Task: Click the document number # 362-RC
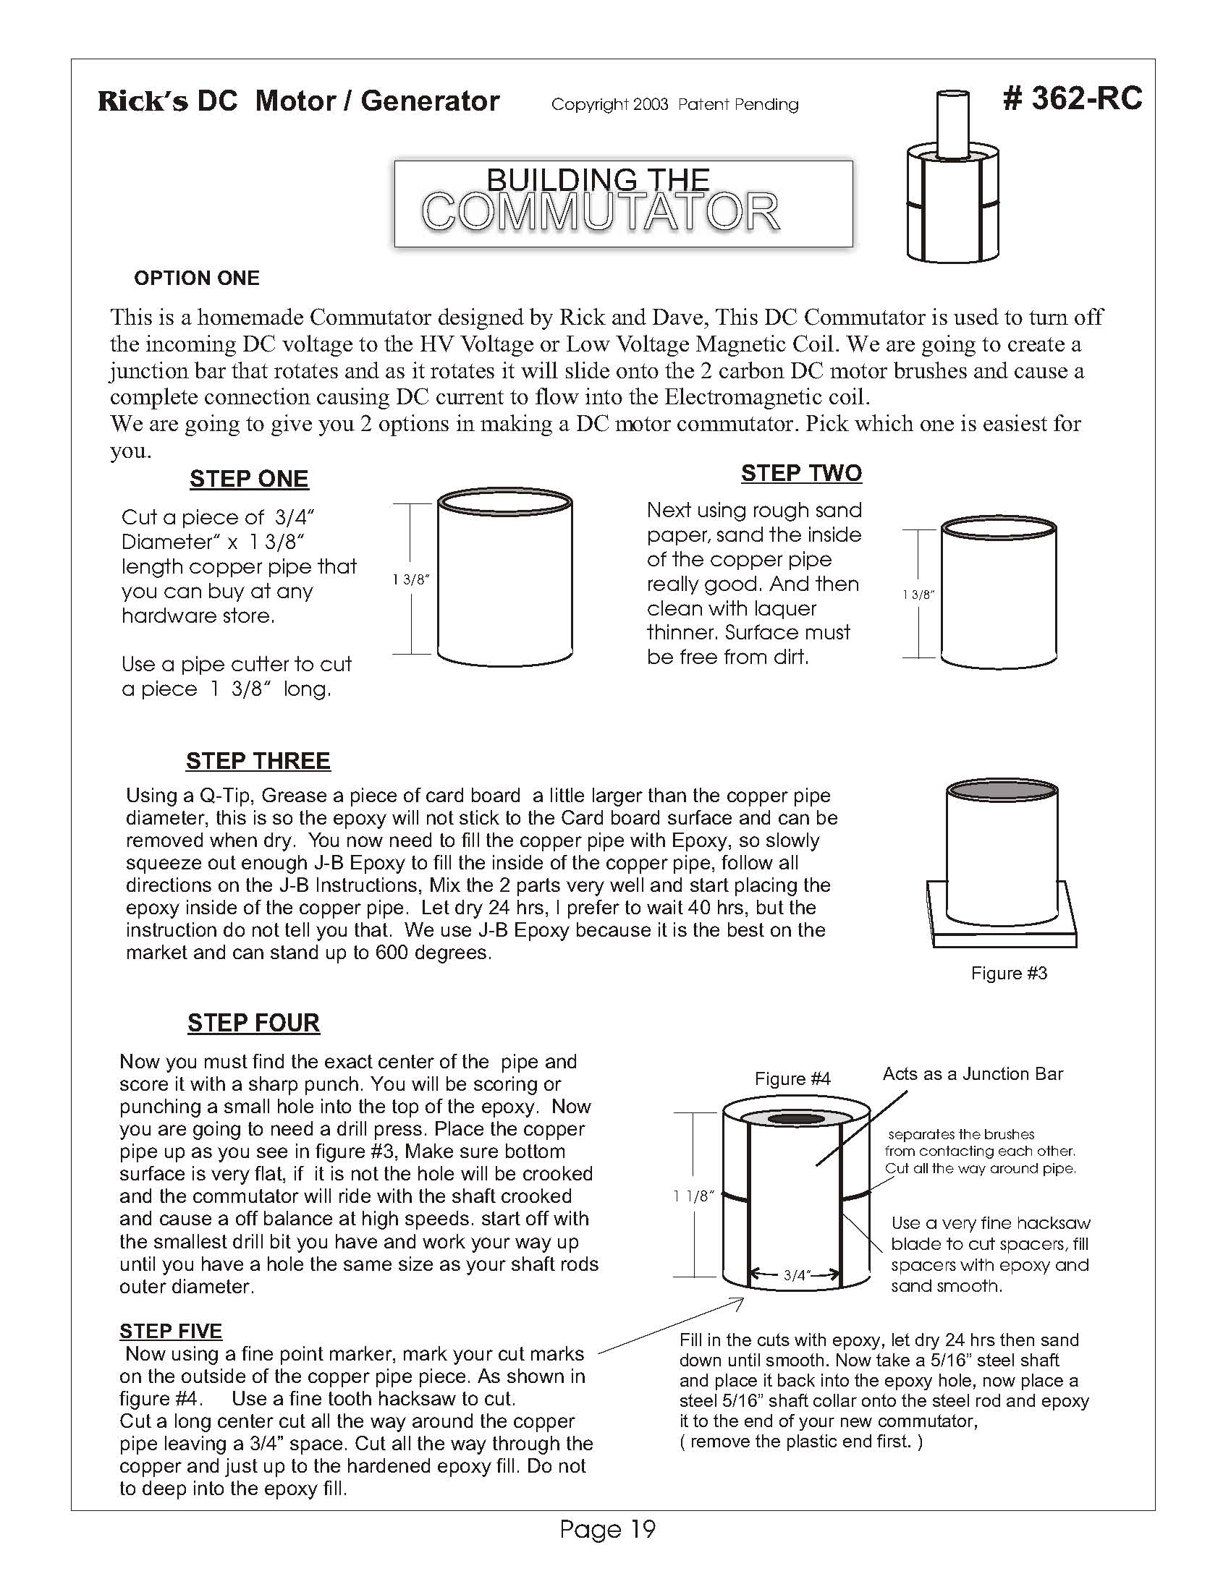click(1071, 99)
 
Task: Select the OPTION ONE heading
click(196, 278)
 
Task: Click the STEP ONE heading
click(249, 479)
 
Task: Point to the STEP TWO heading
click(800, 473)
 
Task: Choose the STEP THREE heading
click(258, 761)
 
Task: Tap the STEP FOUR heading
click(253, 1023)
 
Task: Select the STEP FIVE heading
click(171, 1331)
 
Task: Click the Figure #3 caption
click(1009, 973)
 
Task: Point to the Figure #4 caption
click(792, 1079)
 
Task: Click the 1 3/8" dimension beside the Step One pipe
click(411, 580)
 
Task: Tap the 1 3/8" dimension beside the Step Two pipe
click(918, 595)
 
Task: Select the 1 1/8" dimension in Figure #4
click(693, 1196)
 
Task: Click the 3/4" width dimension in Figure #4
click(795, 1275)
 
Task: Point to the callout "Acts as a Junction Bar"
click(972, 1073)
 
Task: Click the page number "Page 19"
click(607, 1528)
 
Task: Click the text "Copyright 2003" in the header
click(609, 105)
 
